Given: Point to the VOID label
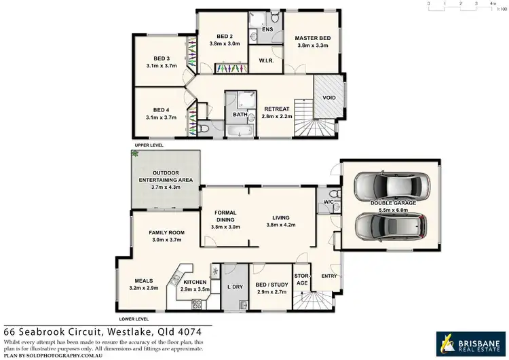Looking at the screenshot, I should pyautogui.click(x=329, y=97).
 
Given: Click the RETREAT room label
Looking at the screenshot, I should pyautogui.click(x=277, y=109).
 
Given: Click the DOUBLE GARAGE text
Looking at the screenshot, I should pyautogui.click(x=389, y=203).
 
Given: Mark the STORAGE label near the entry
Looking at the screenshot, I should pyautogui.click(x=301, y=279).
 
